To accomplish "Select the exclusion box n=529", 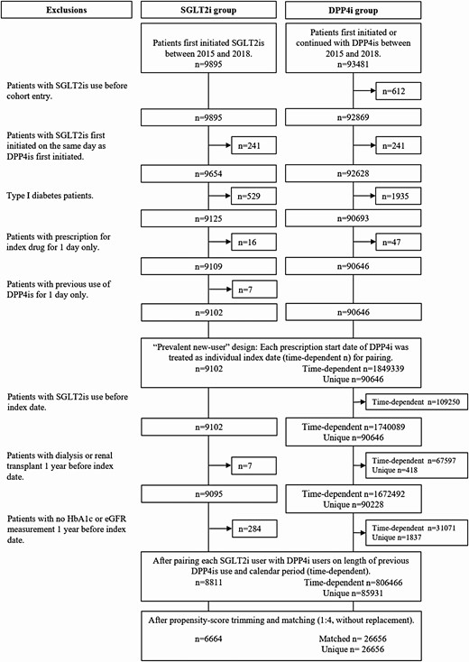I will pos(253,196).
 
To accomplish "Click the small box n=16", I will pos(253,242).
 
